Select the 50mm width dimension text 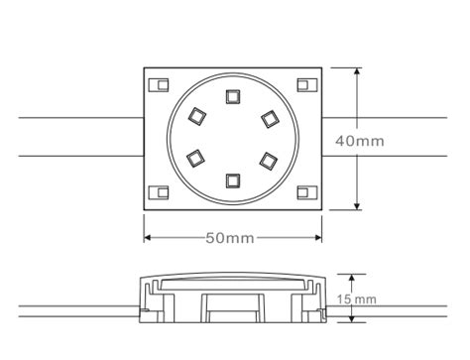click(x=229, y=238)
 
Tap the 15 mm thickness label click(x=357, y=299)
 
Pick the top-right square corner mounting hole click(x=304, y=84)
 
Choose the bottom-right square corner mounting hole click(x=304, y=193)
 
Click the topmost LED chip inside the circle click(x=233, y=96)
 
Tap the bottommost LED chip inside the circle click(x=233, y=180)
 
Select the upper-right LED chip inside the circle click(x=269, y=119)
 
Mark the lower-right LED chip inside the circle click(x=269, y=159)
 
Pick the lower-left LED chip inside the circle click(x=196, y=157)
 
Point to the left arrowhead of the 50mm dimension click(x=149, y=238)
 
